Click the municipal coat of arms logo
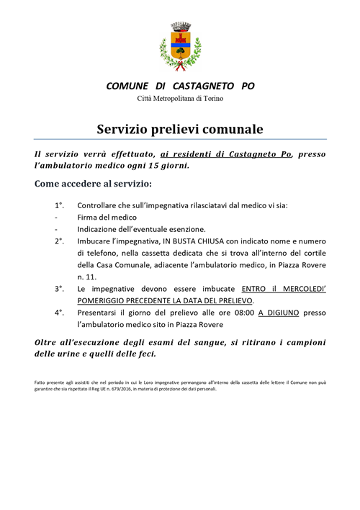[x=180, y=46]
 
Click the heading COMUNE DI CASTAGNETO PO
[x=180, y=86]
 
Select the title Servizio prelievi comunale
[x=180, y=130]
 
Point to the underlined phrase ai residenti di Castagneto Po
[x=226, y=153]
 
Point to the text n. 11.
[x=86, y=275]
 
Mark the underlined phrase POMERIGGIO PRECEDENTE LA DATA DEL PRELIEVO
[x=176, y=300]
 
